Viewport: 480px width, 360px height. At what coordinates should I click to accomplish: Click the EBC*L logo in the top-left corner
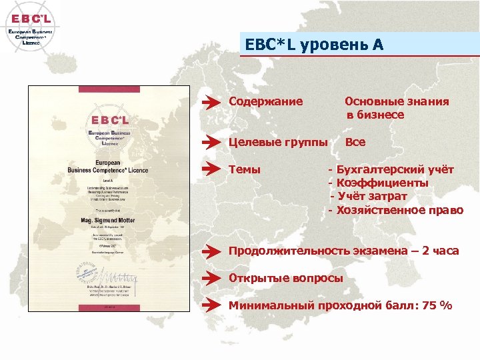(30, 26)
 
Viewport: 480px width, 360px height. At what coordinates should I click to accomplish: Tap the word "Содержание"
(265, 101)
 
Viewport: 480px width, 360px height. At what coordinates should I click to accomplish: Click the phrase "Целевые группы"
(278, 142)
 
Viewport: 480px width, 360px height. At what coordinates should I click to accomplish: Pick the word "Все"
(355, 142)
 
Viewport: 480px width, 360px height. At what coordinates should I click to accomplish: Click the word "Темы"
(245, 170)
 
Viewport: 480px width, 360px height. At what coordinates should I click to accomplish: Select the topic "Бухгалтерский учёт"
(395, 170)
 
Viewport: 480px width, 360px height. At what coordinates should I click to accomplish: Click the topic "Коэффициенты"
(383, 183)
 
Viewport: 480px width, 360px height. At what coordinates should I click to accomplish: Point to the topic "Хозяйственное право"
(399, 210)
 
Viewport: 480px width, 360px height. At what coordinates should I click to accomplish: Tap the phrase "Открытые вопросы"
(286, 278)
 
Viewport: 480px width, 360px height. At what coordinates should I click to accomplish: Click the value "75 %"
(437, 305)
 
